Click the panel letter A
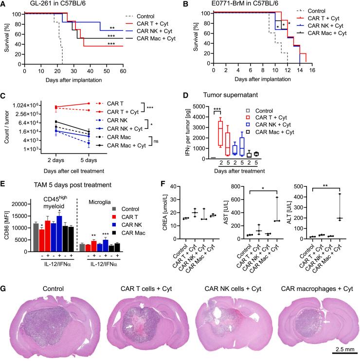tap(4, 4)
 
